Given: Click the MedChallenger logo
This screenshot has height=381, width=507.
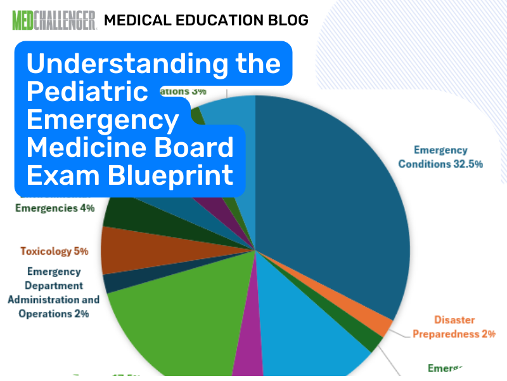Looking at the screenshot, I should coord(54,20).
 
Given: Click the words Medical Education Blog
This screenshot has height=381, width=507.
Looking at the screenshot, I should coord(206,20).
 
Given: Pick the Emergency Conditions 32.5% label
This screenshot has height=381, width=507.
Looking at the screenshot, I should coord(441,157).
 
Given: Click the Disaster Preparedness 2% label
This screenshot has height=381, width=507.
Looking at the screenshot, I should coord(453,327).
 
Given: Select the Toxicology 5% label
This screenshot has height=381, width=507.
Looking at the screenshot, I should coord(54,251).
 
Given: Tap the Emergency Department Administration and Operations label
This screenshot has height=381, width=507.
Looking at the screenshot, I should coord(54,293).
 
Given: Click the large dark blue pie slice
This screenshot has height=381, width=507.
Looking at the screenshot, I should coord(330,190).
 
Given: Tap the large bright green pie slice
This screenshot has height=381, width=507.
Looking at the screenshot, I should coord(171,317).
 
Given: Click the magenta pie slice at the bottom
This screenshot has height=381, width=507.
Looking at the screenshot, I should coord(248,362).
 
